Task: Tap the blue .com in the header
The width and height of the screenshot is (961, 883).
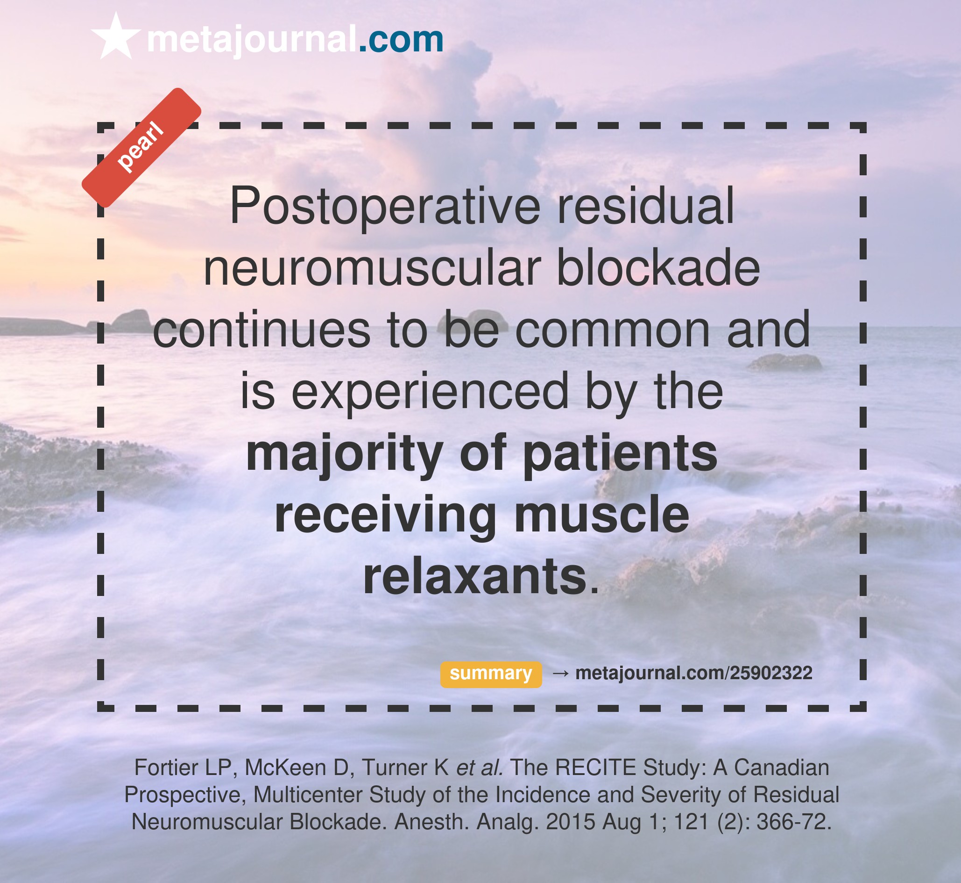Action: coord(401,40)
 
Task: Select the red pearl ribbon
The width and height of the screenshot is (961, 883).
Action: coord(141,148)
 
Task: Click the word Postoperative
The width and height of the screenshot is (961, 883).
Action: coord(385,207)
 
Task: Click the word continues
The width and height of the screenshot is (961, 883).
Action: coord(261,330)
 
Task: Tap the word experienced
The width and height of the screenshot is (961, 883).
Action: coord(430,392)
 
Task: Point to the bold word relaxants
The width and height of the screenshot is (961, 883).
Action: coord(474,577)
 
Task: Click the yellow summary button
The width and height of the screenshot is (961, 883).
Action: coord(491,675)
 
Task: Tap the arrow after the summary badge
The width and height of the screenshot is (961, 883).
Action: coord(560,673)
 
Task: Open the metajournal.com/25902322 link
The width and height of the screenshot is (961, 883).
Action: coord(693,673)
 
